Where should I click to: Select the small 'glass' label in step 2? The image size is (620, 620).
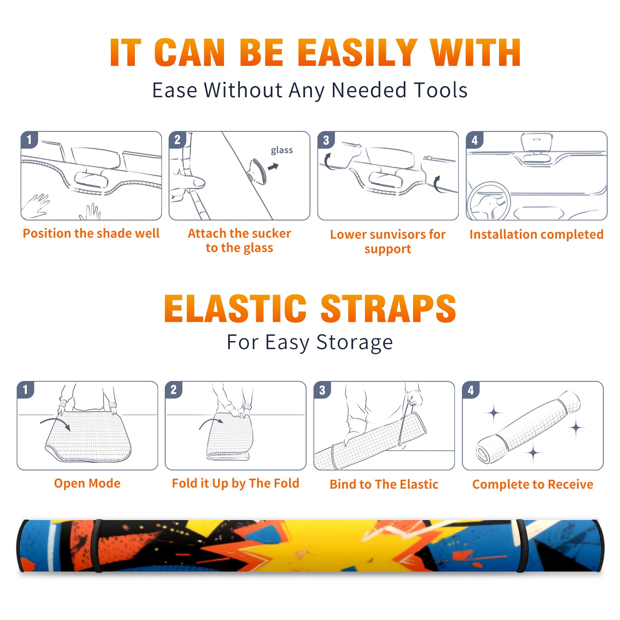coord(282,150)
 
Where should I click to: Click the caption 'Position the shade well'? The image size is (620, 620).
coord(91,233)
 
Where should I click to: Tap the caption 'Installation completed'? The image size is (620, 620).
coord(536,234)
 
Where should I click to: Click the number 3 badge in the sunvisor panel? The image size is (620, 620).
coord(326,140)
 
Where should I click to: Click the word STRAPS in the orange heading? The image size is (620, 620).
coord(389,308)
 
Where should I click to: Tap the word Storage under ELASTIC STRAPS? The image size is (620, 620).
coord(355,343)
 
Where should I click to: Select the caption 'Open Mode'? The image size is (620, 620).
coord(87,483)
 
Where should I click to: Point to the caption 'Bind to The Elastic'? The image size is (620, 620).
coord(384,484)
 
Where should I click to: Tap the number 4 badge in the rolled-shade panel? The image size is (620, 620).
coord(471,390)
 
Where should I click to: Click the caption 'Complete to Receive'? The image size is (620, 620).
coord(533,484)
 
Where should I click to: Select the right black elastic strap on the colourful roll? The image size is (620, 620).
coord(520,546)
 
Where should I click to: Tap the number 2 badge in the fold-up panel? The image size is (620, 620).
coord(173,390)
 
